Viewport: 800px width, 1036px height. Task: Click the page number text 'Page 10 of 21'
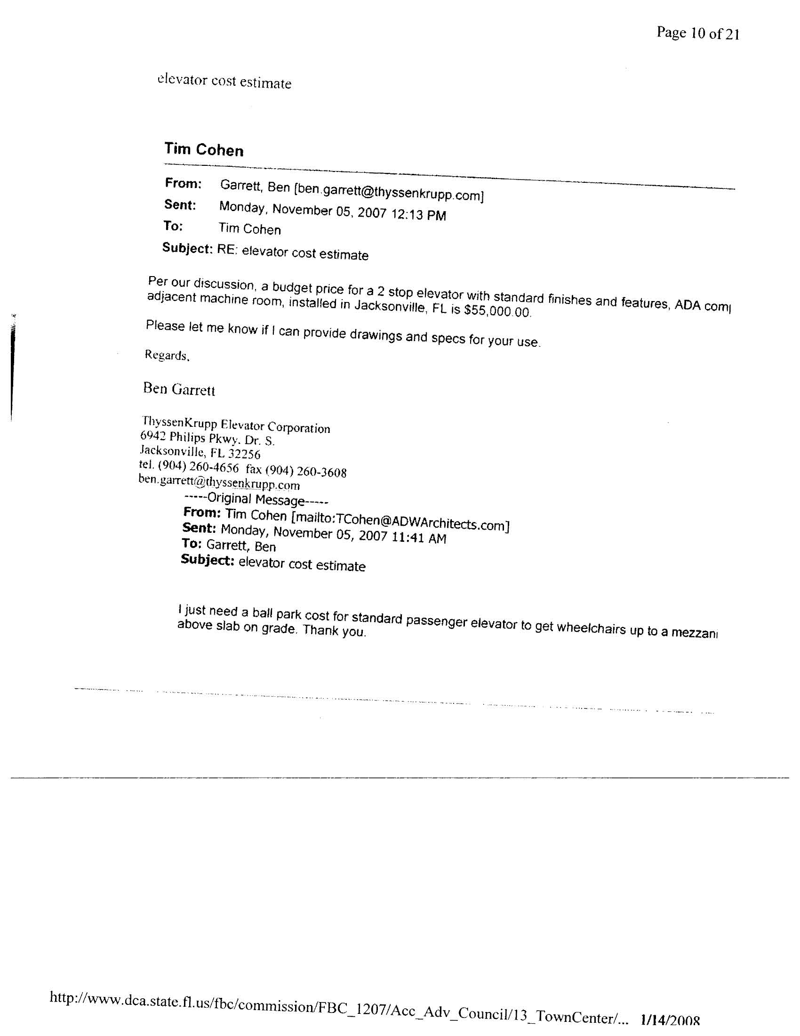click(x=697, y=33)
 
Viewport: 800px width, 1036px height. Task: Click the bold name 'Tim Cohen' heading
click(x=204, y=150)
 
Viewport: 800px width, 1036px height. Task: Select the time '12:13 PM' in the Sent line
click(x=418, y=215)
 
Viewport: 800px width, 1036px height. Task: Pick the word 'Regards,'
click(x=167, y=355)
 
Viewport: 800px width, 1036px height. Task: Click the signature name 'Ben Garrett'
click(x=179, y=390)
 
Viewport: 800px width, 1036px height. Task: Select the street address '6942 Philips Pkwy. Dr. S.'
click(x=207, y=438)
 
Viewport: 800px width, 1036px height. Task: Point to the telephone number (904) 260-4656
click(x=198, y=467)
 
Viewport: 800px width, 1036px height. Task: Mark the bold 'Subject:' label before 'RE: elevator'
click(x=187, y=248)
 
